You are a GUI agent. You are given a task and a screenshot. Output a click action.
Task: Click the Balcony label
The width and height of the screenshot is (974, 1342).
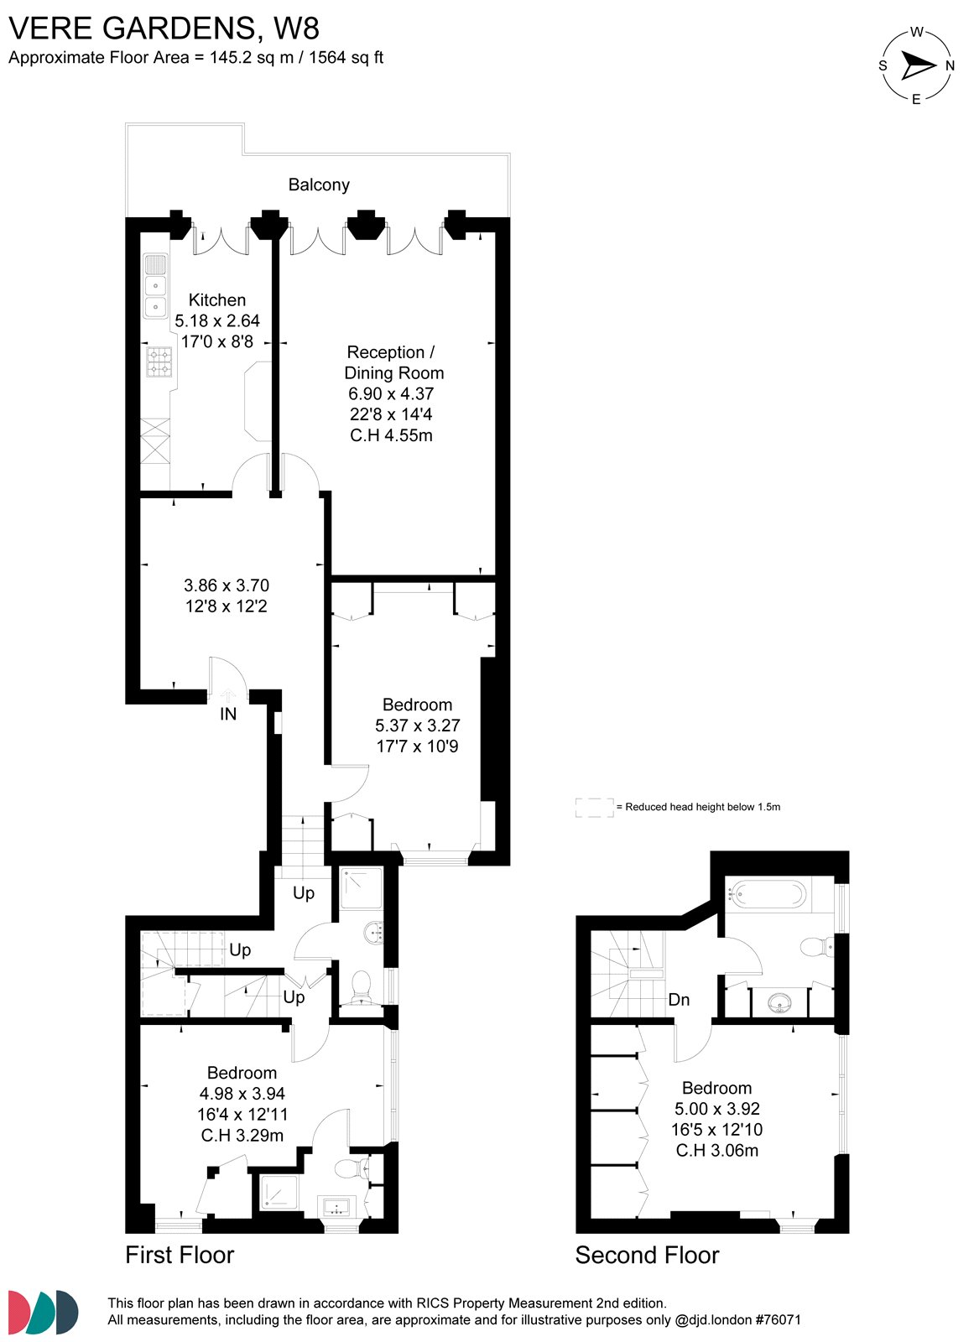click(319, 185)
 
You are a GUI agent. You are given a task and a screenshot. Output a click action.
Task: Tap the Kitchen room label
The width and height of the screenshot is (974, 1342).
click(217, 299)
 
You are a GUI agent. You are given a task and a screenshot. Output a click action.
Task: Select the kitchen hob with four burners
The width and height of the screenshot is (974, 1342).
click(159, 362)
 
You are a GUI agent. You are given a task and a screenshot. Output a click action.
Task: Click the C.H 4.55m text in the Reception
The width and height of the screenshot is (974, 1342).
click(391, 435)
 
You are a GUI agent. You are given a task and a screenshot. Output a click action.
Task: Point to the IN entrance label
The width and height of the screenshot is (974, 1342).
click(228, 714)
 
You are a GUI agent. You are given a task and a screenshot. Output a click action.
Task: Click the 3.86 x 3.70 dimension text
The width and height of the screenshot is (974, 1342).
click(227, 585)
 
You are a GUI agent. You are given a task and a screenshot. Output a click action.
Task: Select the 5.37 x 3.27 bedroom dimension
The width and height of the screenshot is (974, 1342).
click(417, 726)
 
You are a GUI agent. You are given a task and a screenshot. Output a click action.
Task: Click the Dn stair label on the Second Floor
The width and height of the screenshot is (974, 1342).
click(679, 1000)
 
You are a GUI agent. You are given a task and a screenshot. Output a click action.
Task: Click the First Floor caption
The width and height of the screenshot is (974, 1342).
click(180, 1255)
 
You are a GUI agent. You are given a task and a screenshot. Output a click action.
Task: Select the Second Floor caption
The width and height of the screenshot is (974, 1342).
click(647, 1255)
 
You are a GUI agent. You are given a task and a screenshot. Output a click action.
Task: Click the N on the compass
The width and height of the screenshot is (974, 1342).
click(950, 65)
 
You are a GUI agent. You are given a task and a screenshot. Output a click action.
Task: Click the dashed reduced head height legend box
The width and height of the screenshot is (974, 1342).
click(594, 807)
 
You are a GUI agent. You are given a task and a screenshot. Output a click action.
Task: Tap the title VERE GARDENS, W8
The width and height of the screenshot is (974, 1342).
click(164, 29)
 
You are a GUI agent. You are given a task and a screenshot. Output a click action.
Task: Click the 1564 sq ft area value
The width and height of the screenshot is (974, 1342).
click(346, 58)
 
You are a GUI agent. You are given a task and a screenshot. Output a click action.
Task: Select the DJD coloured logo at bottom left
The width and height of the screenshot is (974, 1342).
click(43, 1312)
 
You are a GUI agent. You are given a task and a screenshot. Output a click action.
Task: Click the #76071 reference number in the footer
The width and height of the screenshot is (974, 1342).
click(778, 1319)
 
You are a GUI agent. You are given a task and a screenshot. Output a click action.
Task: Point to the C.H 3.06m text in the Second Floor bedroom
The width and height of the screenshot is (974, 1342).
click(717, 1150)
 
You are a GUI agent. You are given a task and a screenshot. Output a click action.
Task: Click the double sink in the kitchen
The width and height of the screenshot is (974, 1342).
click(156, 296)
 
